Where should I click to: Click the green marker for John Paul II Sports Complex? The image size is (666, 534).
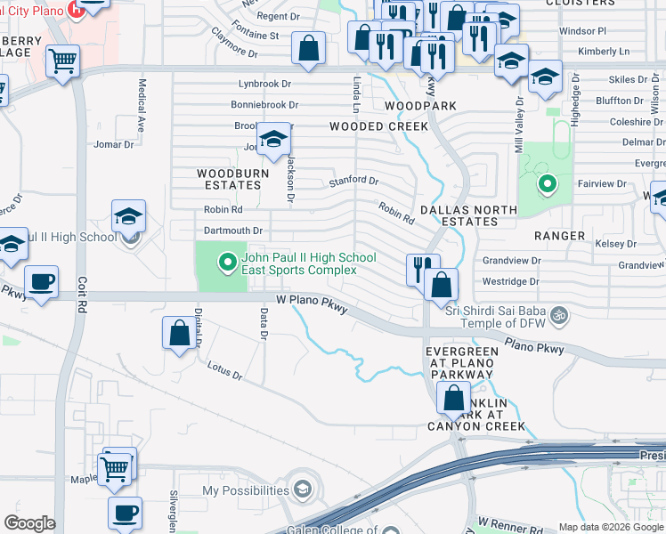(x=227, y=262)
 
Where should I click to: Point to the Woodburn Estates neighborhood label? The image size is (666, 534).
(x=229, y=179)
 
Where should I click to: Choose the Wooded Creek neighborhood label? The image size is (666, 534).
(x=379, y=126)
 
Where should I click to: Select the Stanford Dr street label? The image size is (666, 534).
(x=353, y=181)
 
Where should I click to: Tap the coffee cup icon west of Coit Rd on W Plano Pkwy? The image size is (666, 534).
(x=42, y=283)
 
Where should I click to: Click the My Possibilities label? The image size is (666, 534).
(x=246, y=490)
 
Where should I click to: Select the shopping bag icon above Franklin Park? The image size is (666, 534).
(x=454, y=397)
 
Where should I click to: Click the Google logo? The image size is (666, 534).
(x=29, y=523)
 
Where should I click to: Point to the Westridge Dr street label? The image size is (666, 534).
(x=510, y=281)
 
